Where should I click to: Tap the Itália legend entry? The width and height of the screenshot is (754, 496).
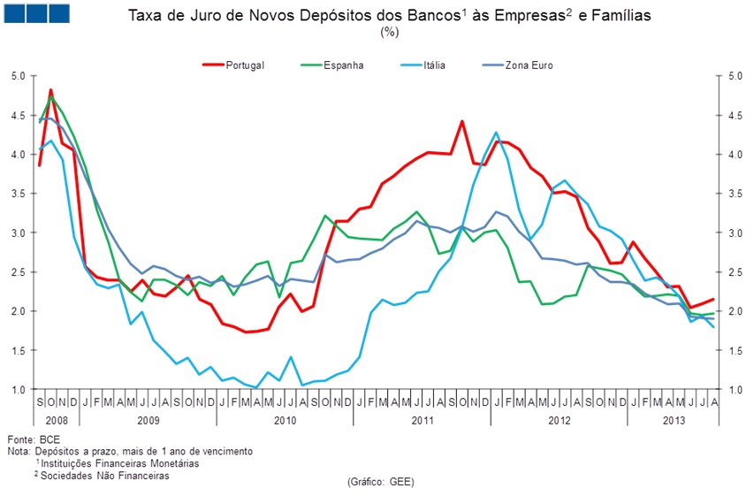[428, 65]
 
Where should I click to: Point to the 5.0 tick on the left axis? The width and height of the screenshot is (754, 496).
[19, 76]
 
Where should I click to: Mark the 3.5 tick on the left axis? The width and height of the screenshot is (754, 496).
[19, 194]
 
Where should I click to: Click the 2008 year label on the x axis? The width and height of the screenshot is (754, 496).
[57, 420]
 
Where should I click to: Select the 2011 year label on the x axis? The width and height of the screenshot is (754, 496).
[422, 420]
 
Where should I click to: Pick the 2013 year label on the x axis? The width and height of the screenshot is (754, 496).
[674, 420]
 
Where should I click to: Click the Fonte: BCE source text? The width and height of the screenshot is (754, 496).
[33, 439]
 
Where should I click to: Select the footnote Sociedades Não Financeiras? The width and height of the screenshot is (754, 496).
[104, 476]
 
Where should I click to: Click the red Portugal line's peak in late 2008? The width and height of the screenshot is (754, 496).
[50, 90]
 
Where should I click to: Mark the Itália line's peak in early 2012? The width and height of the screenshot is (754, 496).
[496, 133]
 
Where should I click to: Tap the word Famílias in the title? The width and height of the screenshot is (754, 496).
[621, 16]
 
